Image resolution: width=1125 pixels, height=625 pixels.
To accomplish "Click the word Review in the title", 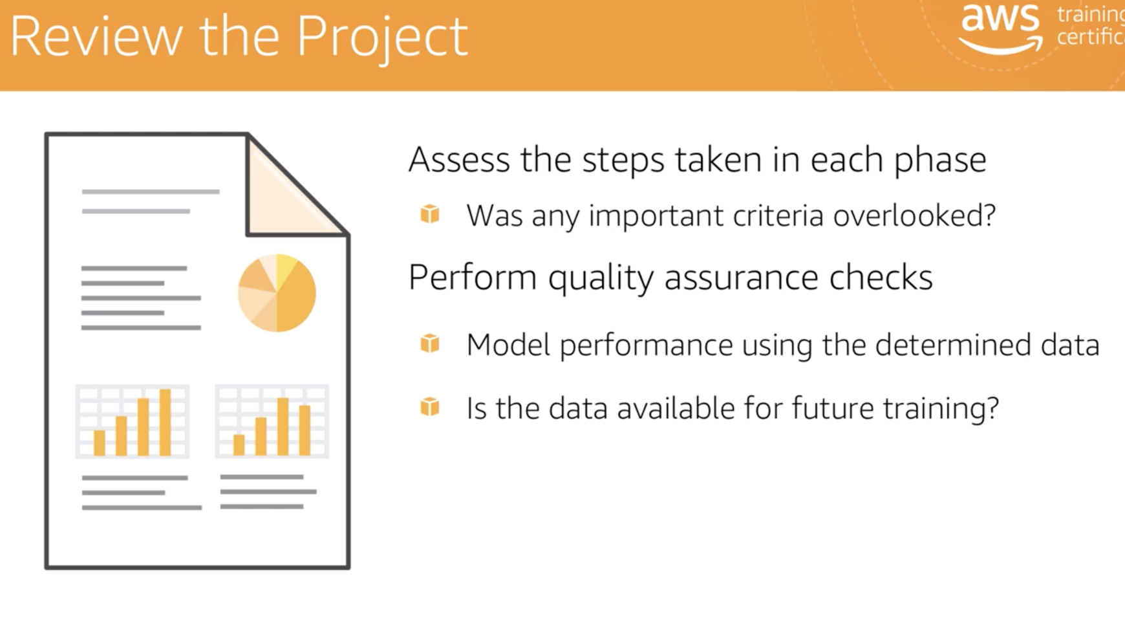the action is click(x=96, y=37).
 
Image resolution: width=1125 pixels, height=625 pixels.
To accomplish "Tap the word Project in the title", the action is click(x=382, y=38).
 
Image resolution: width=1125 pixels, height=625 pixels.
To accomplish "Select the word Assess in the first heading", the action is click(x=459, y=160).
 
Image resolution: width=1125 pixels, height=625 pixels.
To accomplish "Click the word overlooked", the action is click(x=914, y=216).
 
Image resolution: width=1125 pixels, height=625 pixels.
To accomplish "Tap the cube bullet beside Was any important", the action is click(x=430, y=214).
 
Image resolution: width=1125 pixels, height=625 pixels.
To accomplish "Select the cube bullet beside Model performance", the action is click(x=430, y=344).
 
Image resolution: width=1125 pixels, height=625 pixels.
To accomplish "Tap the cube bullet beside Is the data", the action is click(x=430, y=407).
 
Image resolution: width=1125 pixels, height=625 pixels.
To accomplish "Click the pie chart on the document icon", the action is click(x=277, y=293).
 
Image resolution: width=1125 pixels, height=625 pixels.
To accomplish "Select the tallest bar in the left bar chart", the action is click(x=165, y=422).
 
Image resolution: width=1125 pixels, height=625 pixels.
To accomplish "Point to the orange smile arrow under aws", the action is click(x=1001, y=46).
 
